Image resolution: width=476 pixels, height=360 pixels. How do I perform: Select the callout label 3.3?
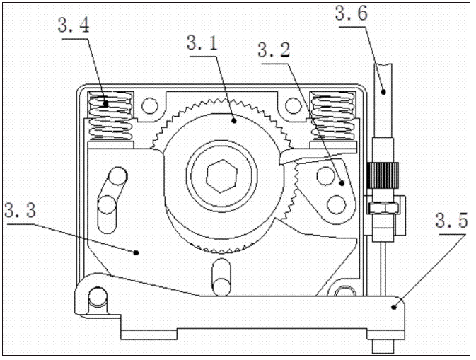click(19, 211)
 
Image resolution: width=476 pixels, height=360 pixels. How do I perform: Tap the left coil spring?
click(109, 117)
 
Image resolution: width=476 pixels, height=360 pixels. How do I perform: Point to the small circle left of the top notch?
click(149, 107)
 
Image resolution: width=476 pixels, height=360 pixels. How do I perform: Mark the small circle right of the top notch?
click(291, 107)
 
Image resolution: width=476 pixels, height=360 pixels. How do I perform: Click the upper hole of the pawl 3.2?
click(327, 174)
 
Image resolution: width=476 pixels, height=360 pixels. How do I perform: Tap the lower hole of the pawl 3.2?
click(338, 204)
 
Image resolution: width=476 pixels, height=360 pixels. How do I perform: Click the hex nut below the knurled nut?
click(383, 206)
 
